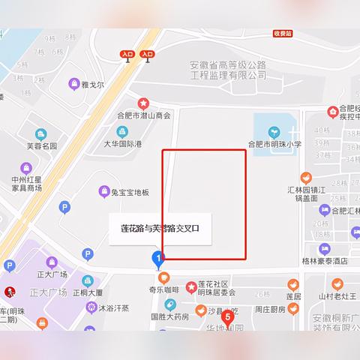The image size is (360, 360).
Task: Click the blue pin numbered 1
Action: tap(157, 259)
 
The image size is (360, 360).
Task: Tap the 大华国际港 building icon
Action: tap(110, 130)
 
